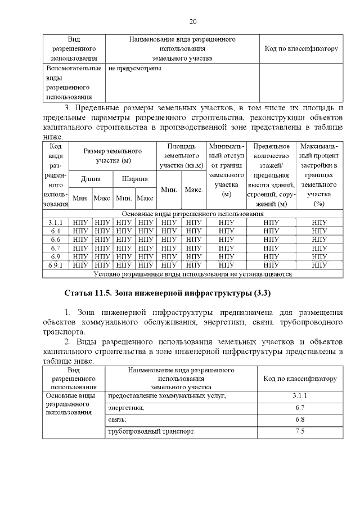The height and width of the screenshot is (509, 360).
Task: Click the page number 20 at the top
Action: click(192, 21)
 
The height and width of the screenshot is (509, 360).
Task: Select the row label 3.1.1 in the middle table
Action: click(55, 222)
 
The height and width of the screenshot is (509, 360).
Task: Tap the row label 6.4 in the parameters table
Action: click(55, 231)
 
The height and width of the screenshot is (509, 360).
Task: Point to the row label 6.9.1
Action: click(55, 265)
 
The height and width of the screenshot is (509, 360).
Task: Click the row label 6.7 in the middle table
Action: click(55, 248)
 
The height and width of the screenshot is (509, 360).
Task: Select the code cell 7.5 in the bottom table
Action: click(300, 431)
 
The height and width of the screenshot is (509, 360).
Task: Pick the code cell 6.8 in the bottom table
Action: click(300, 420)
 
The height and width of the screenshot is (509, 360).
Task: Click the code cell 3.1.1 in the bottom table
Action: click(300, 396)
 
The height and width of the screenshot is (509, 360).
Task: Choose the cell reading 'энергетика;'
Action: click(126, 408)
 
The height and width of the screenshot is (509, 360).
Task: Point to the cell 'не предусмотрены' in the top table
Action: click(134, 69)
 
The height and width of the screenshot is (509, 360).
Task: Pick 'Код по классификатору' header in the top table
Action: click(301, 49)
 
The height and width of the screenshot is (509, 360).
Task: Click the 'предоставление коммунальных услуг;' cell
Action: click(166, 396)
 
